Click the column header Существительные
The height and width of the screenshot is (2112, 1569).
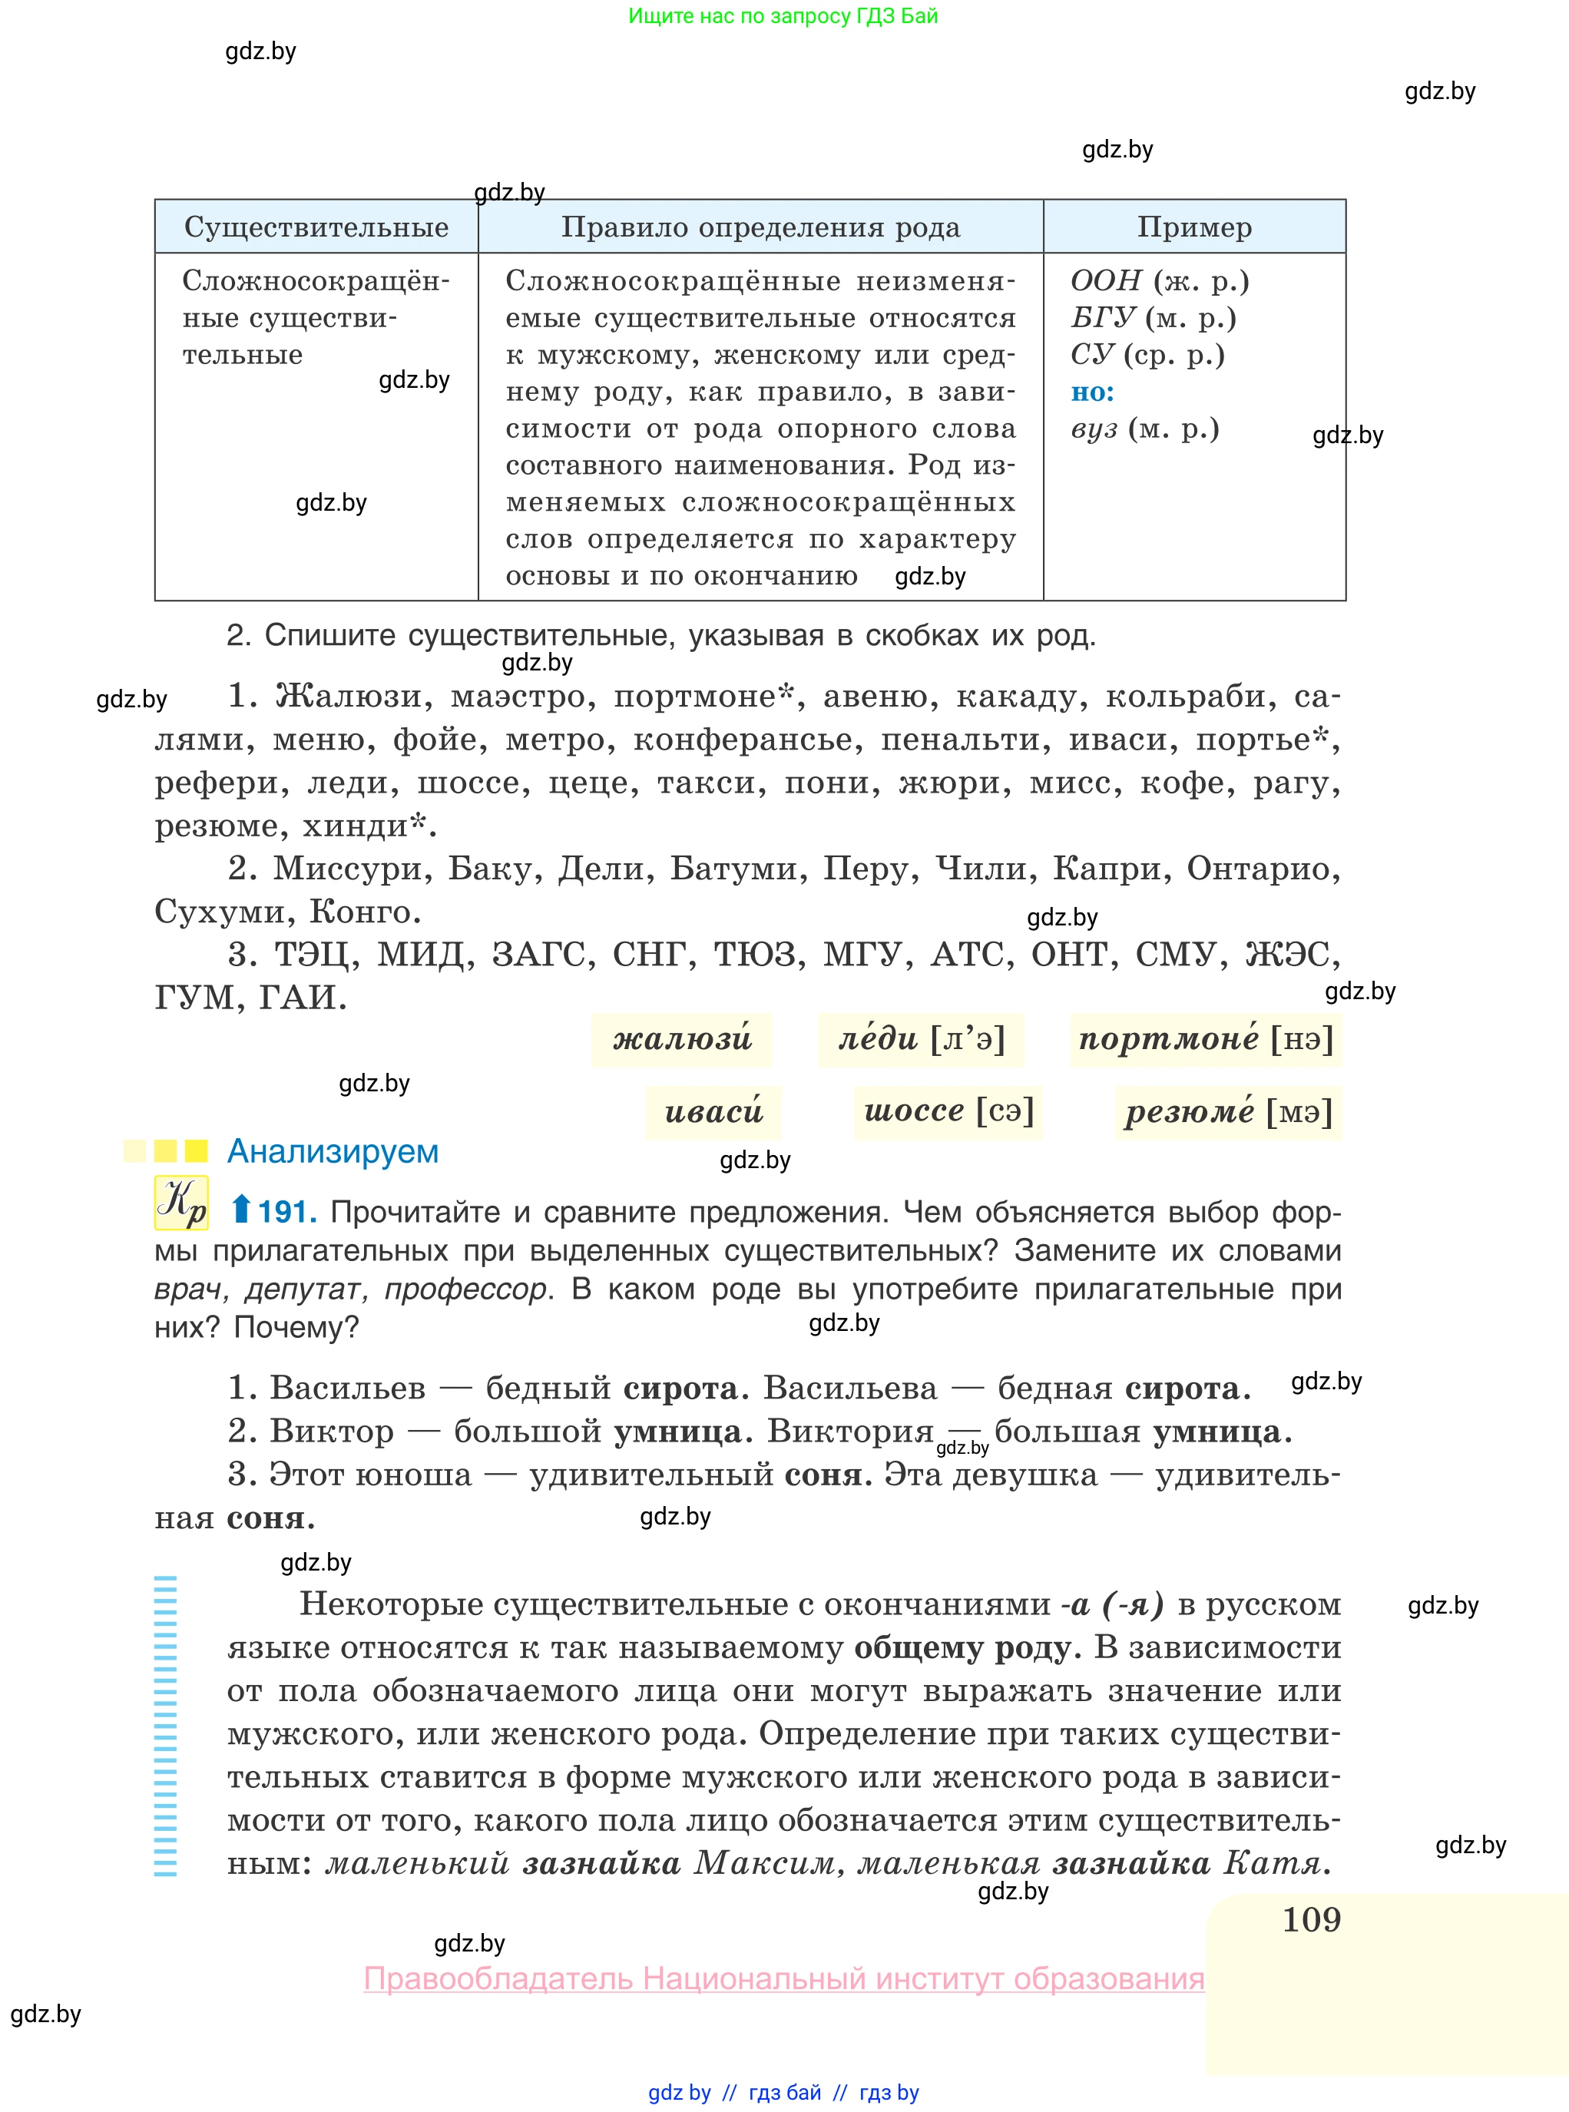tap(316, 227)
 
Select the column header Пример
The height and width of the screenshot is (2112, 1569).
tap(1194, 227)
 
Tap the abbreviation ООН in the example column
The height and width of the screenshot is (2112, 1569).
tap(1105, 281)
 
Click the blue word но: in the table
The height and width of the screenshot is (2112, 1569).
tap(1092, 392)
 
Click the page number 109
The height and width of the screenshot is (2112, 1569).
tap(1311, 1919)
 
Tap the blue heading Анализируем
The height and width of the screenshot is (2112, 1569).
tap(333, 1151)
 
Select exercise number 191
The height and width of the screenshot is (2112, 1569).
tap(286, 1212)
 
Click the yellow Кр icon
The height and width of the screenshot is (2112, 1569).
tap(180, 1203)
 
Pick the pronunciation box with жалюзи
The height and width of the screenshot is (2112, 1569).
tap(681, 1039)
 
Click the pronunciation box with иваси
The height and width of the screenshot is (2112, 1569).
tap(713, 1111)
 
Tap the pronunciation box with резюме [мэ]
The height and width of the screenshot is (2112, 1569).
tap(1228, 1111)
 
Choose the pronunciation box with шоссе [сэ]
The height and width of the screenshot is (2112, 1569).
tap(948, 1111)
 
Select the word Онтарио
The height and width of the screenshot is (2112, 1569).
tap(1263, 868)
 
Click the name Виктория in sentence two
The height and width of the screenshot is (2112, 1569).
tap(850, 1430)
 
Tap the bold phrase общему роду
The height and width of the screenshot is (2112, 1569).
tap(967, 1647)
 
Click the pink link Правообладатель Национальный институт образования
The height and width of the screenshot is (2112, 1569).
tap(783, 1979)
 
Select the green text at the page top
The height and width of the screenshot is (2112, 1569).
tap(783, 16)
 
